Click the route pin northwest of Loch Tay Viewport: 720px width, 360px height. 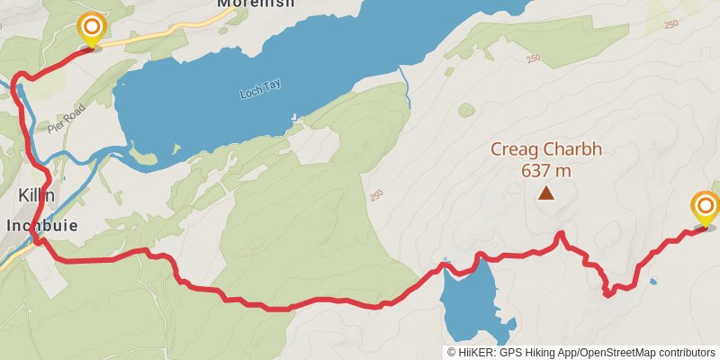(91, 28)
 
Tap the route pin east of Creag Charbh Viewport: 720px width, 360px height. (705, 208)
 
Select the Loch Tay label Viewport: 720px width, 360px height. (261, 88)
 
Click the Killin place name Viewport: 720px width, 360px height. (37, 195)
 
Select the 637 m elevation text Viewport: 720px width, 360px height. (545, 170)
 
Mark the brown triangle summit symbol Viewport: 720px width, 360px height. (545, 192)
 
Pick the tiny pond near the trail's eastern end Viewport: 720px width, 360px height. (652, 282)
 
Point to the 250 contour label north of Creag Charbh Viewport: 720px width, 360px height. (532, 58)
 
